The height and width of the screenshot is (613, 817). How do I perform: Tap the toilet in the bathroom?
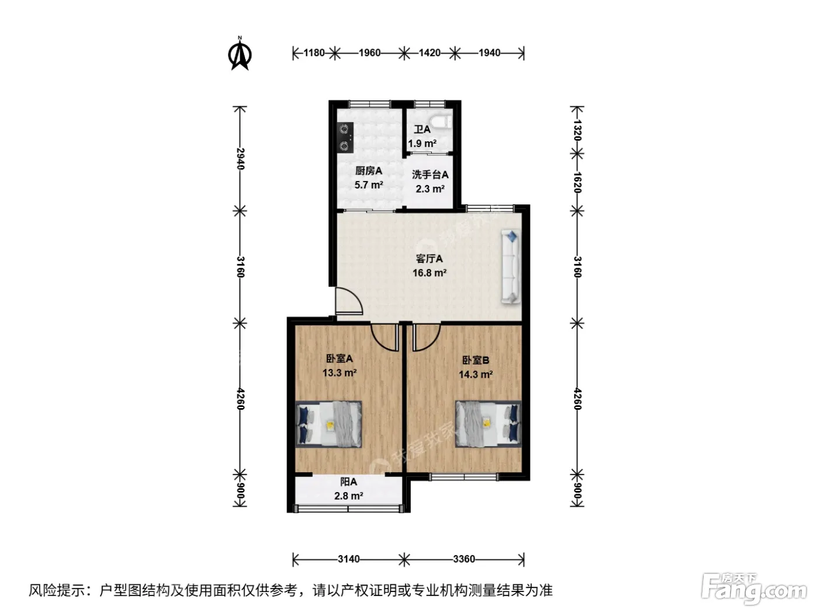[441, 121]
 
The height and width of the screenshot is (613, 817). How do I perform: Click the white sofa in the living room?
[511, 266]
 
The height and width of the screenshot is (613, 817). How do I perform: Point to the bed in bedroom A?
[329, 424]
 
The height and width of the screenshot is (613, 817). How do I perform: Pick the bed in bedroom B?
[488, 424]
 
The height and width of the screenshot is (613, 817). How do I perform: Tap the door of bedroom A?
[385, 337]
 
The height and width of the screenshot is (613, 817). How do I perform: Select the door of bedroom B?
[426, 337]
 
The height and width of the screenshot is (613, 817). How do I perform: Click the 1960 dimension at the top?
[369, 53]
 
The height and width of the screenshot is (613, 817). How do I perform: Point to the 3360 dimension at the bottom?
[464, 559]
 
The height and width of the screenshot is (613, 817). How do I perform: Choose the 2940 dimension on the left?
[240, 159]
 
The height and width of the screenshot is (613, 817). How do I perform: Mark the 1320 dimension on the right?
[577, 130]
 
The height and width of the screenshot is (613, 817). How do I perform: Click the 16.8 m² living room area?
[429, 273]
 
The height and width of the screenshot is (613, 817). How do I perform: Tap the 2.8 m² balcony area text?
[348, 496]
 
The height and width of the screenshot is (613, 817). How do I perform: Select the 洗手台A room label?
[430, 175]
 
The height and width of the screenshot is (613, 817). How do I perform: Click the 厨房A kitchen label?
[368, 171]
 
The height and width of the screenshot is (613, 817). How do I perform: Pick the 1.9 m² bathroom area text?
[422, 144]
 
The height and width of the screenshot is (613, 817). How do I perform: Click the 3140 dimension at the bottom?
[349, 559]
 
